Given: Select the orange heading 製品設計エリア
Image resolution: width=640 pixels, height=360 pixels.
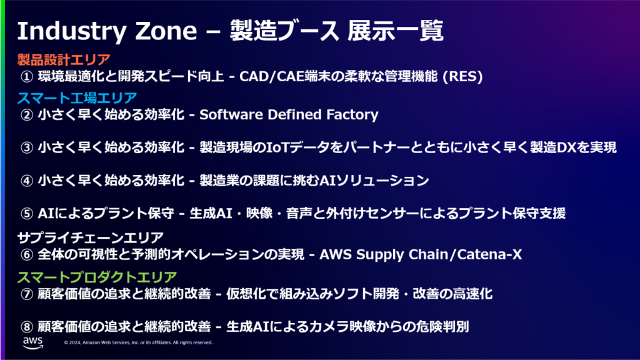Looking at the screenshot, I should pos(64,60).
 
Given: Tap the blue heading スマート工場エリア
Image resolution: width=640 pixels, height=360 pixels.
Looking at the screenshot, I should pos(77,97).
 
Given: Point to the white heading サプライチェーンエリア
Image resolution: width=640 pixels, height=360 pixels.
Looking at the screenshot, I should pos(91,237).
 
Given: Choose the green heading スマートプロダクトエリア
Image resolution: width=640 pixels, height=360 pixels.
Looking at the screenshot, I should pos(97,276).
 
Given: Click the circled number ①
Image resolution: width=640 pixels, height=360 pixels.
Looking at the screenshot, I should pos(27,77).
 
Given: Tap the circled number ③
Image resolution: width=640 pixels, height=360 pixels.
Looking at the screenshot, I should pos(27,148).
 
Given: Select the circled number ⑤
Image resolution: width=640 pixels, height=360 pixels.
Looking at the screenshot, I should pos(27,213).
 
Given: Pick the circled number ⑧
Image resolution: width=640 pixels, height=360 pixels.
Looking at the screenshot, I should pos(27,326).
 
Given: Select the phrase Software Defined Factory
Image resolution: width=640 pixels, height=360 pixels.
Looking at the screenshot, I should pos(289,115).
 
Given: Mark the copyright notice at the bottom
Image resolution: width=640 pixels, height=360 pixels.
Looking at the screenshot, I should pos(138,342).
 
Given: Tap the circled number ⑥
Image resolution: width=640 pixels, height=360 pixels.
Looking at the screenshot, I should pos(27,255).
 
